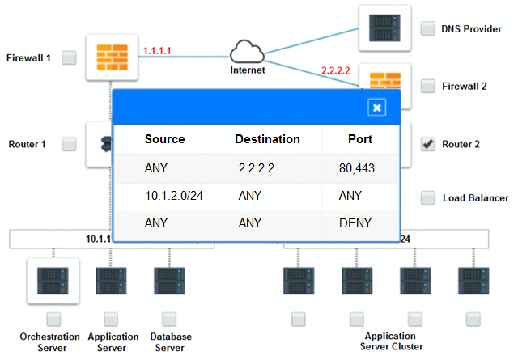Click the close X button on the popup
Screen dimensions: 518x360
pyautogui.click(x=376, y=108)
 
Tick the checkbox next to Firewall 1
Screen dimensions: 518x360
pyautogui.click(x=69, y=57)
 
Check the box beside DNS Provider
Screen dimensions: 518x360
pyautogui.click(x=428, y=28)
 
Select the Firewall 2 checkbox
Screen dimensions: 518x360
pyautogui.click(x=428, y=86)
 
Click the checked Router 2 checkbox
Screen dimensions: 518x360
pyautogui.click(x=428, y=144)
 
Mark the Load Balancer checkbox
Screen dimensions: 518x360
pyautogui.click(x=428, y=198)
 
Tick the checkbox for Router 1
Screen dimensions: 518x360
pyautogui.click(x=69, y=144)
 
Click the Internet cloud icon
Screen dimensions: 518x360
pyautogui.click(x=247, y=52)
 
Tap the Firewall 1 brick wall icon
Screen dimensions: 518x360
pyautogui.click(x=112, y=57)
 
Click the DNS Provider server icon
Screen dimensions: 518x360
pyautogui.click(x=384, y=28)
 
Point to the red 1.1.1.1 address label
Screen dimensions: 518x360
pyautogui.click(x=157, y=51)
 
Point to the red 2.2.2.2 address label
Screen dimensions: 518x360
pyautogui.click(x=336, y=70)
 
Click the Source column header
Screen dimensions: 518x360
pyautogui.click(x=165, y=139)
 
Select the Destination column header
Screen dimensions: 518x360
pyautogui.click(x=267, y=139)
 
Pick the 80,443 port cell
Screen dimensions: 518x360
pyautogui.click(x=357, y=168)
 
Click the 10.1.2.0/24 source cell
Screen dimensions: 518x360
pyautogui.click(x=174, y=196)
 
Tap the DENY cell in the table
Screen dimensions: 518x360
pyautogui.click(x=355, y=223)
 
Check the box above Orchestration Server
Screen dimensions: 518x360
pyautogui.click(x=53, y=320)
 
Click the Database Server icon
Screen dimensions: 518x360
pyautogui.click(x=169, y=281)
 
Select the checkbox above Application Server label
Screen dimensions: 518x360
pyautogui.click(x=111, y=320)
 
